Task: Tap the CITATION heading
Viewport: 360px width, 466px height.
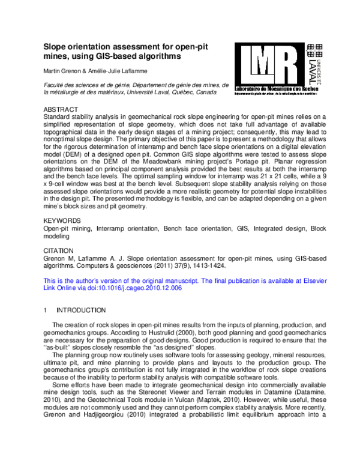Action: pos(59,250)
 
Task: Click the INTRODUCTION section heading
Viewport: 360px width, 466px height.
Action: pos(81,310)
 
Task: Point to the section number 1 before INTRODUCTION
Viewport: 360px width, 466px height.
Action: pos(46,310)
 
